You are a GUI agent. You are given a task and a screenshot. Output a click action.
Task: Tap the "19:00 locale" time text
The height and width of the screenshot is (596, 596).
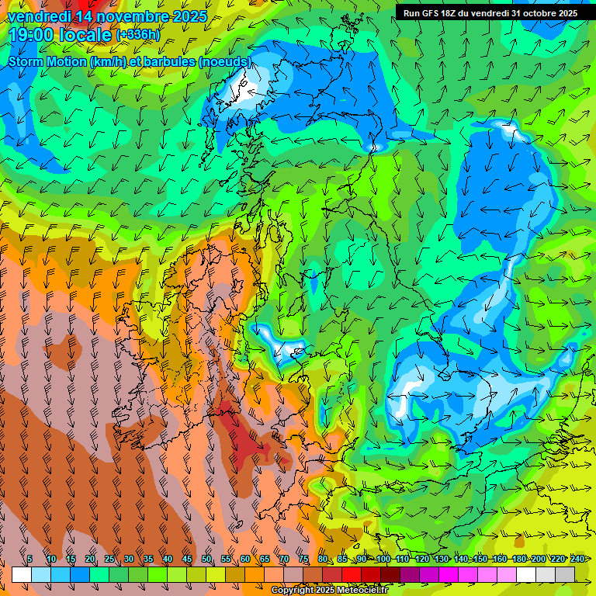point(60,35)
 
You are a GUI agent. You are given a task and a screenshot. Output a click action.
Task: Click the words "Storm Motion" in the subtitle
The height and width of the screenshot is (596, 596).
point(48,61)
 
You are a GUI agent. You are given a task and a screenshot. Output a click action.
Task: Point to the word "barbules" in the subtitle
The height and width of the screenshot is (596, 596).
point(172,61)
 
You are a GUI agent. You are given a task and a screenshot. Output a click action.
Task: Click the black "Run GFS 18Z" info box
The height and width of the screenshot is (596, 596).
point(490,13)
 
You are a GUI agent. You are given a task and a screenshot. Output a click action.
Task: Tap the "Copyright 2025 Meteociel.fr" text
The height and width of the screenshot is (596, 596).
point(329,591)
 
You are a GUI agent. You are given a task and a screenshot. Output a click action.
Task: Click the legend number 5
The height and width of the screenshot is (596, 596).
point(29,560)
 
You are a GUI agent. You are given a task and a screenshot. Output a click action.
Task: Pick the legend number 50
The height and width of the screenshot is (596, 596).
point(206,560)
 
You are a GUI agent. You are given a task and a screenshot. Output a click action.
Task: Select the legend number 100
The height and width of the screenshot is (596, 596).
point(383,560)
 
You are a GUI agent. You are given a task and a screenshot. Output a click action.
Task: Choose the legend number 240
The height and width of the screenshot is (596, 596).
point(577,560)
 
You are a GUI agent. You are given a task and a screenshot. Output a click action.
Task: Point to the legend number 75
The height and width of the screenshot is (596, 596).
point(303,560)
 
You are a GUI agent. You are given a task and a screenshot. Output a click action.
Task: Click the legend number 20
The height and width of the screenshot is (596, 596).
point(90,560)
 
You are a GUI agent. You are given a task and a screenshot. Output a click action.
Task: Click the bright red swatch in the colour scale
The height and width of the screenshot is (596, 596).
point(352,574)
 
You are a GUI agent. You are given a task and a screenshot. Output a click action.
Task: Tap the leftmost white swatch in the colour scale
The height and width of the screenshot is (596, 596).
point(22,574)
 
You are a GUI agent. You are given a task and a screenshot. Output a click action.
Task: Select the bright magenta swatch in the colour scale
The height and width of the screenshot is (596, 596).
point(449,574)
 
